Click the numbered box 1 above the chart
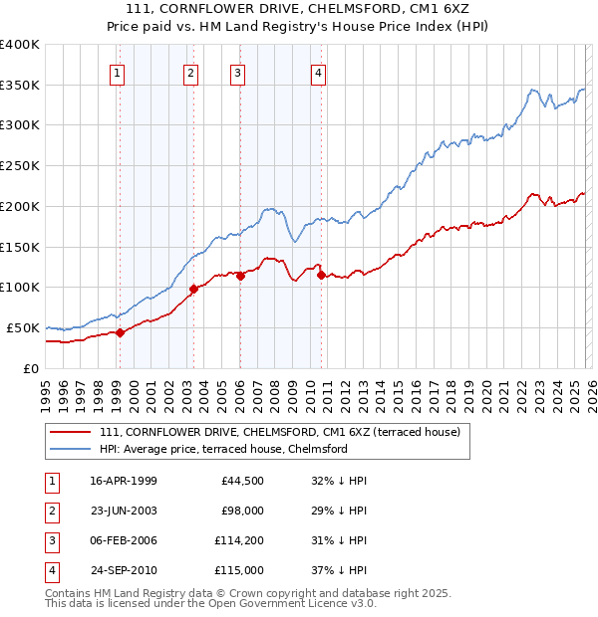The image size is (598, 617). coord(118,72)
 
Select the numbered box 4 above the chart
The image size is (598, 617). coord(317,72)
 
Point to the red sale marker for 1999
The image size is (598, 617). coord(120,332)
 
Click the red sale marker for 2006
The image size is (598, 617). coord(240,276)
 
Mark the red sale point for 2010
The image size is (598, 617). coord(321,275)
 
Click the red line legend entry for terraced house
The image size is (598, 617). coord(279,432)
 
